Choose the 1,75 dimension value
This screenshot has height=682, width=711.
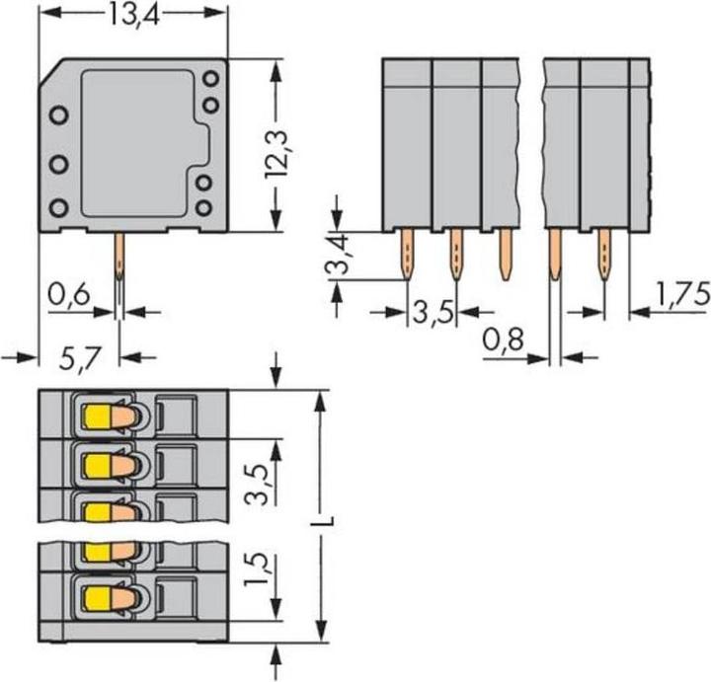coord(681,293)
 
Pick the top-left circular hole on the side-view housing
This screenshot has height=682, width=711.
coord(58,114)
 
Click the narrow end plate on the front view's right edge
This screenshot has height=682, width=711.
coord(640,143)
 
